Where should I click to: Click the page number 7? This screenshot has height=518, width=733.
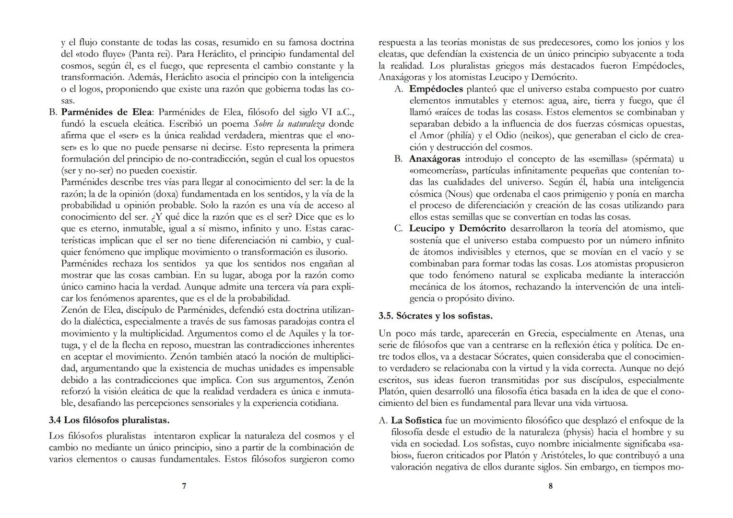click(x=184, y=486)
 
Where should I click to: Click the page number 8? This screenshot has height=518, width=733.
click(x=550, y=486)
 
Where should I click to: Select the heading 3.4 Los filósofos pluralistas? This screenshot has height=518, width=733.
click(x=109, y=420)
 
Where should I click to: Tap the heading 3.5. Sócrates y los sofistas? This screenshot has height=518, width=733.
click(x=435, y=316)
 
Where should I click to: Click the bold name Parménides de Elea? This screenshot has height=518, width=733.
click(x=106, y=112)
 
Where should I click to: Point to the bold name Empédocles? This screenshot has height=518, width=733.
click(x=436, y=89)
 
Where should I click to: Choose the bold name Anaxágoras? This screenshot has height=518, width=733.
click(x=434, y=159)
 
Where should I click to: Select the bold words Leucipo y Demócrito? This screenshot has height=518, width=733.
click(x=457, y=228)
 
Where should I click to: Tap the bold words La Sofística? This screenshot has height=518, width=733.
click(x=416, y=421)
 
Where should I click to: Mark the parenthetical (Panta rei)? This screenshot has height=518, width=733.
click(x=154, y=54)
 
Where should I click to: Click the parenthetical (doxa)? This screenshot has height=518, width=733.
click(x=177, y=194)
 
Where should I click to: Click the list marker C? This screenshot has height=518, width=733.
click(x=398, y=228)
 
